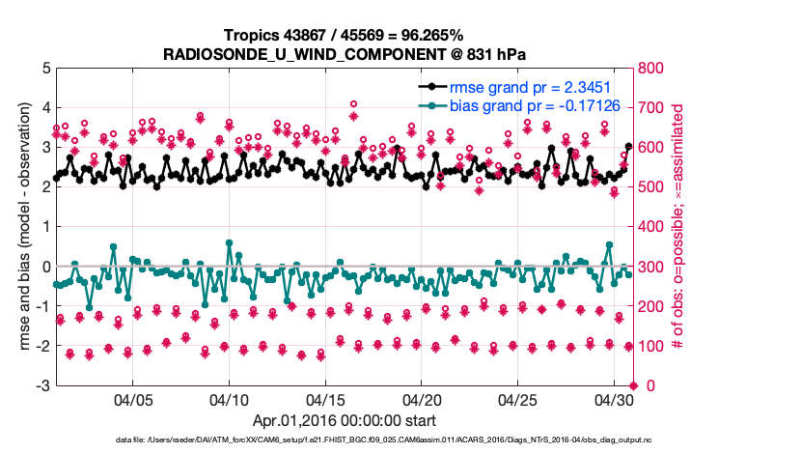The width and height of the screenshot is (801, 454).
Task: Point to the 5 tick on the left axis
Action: tap(45, 69)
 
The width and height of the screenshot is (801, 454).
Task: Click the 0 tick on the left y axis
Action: tap(45, 267)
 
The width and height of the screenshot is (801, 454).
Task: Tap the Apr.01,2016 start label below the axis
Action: tap(344, 421)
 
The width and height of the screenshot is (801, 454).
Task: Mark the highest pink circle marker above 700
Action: tap(354, 104)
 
